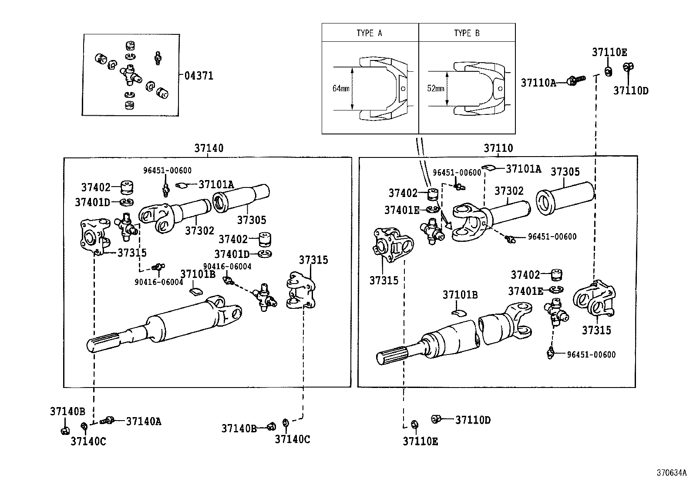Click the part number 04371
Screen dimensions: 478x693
point(199,76)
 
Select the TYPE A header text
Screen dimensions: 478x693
point(369,33)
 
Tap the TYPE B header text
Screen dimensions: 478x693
point(467,33)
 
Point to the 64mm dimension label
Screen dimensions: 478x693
point(341,88)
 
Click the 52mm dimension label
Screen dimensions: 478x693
point(436,88)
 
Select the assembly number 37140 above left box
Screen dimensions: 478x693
point(209,148)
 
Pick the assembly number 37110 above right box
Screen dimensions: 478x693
point(498,148)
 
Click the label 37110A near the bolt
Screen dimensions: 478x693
point(538,83)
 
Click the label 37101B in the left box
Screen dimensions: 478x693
point(198,274)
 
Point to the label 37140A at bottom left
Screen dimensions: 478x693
point(144,421)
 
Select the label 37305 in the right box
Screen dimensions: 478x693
point(565,172)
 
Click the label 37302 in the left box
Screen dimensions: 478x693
point(199,231)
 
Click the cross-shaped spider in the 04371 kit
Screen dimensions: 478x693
point(131,75)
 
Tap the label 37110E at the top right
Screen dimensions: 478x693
point(609,52)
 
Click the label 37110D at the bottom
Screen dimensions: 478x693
point(473,420)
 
